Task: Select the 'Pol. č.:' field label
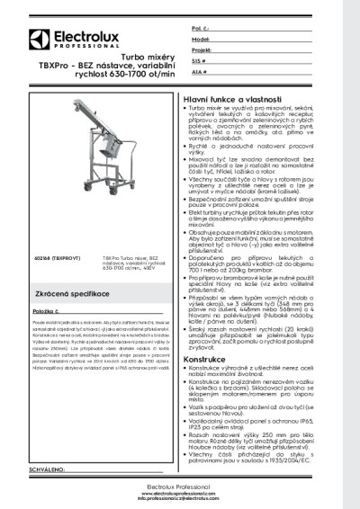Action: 201,30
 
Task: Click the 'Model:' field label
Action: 201,40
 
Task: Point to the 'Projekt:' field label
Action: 202,50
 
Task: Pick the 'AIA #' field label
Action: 199,70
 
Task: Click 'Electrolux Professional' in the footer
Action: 179,487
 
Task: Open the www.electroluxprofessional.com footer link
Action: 179,494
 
